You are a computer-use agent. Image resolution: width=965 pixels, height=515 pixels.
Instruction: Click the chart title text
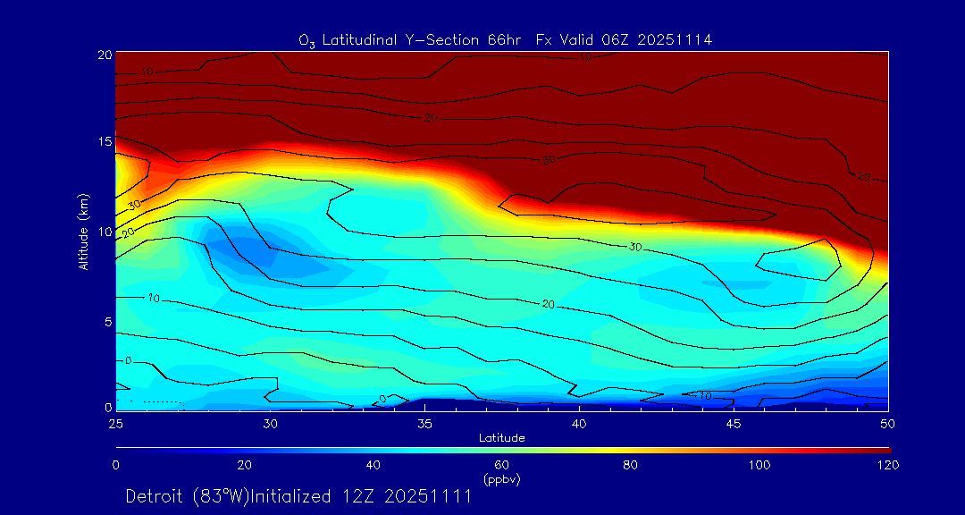505,40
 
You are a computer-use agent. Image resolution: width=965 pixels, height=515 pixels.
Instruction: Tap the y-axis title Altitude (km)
83,232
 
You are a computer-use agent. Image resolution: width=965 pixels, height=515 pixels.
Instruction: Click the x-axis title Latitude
501,437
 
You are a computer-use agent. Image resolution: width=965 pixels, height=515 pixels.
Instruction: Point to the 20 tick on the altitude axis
103,54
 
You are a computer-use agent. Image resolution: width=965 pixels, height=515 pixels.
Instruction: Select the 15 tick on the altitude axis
103,142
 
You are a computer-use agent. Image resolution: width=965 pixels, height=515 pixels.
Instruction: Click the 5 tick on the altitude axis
106,320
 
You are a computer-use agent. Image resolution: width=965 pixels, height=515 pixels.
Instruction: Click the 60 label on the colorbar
501,465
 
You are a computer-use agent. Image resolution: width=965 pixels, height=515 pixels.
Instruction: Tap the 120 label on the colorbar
887,465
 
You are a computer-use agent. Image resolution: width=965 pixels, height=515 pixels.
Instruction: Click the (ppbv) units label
501,479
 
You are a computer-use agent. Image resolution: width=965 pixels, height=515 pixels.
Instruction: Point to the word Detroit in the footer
155,497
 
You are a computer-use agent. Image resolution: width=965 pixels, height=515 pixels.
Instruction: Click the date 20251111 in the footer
427,497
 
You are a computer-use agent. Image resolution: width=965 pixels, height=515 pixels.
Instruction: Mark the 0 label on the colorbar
116,465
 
